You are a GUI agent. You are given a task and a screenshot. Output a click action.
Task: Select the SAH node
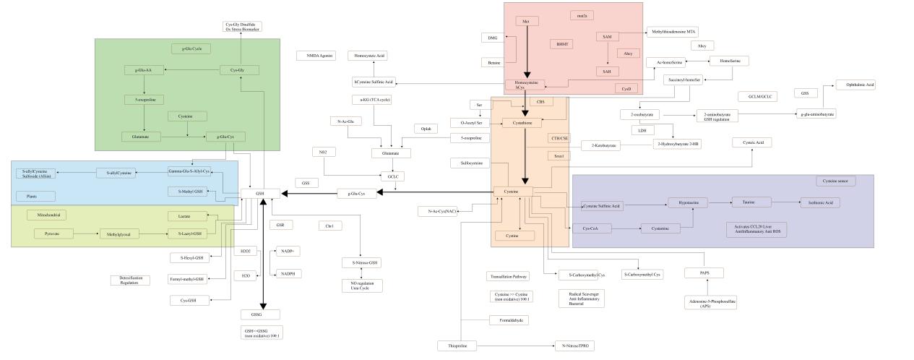point(607,72)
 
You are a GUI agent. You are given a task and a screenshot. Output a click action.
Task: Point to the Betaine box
point(494,63)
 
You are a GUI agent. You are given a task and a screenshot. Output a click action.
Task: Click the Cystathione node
point(522,123)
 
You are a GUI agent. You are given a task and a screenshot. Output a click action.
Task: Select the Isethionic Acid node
point(820,202)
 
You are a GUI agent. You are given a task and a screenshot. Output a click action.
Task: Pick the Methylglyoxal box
point(119,233)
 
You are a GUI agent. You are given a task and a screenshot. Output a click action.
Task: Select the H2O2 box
point(246,252)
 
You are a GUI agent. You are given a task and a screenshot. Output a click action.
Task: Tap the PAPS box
point(704,273)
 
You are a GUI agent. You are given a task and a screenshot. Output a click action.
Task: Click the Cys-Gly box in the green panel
point(239,70)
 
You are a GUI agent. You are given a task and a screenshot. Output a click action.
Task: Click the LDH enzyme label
point(641,130)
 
